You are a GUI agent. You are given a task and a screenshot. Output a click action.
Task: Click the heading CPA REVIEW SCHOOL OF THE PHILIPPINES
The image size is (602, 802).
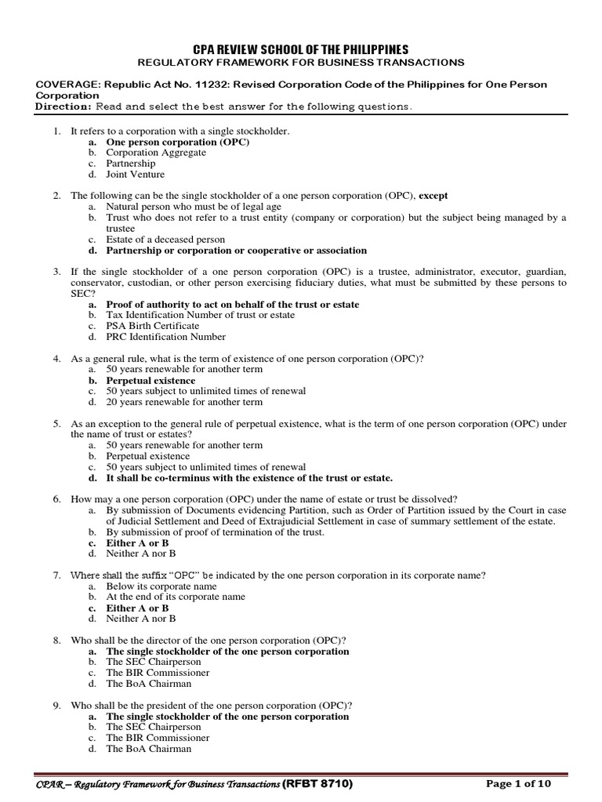point(300,49)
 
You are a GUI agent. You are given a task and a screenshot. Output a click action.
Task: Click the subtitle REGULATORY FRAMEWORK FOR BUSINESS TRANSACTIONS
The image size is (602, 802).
point(301,62)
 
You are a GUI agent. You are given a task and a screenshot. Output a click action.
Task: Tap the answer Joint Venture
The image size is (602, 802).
point(135,175)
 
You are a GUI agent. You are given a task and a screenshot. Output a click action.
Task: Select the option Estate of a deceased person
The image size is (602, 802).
point(165,239)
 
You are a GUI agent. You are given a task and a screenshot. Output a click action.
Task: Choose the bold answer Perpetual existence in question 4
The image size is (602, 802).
point(150,380)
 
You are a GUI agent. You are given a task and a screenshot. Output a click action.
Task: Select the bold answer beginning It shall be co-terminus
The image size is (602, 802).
point(249,477)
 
